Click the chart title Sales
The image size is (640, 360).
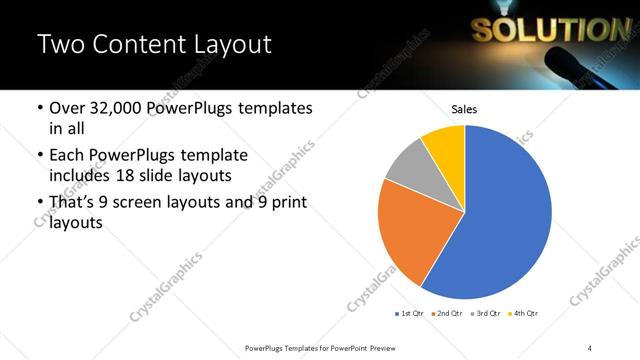(x=464, y=109)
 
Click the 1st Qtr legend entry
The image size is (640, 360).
(x=410, y=313)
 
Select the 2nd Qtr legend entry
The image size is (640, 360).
(x=448, y=313)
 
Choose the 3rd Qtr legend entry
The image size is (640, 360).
(x=486, y=313)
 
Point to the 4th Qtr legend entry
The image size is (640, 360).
(x=523, y=313)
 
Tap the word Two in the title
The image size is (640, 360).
(x=61, y=44)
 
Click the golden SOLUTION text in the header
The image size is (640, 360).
(x=547, y=31)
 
